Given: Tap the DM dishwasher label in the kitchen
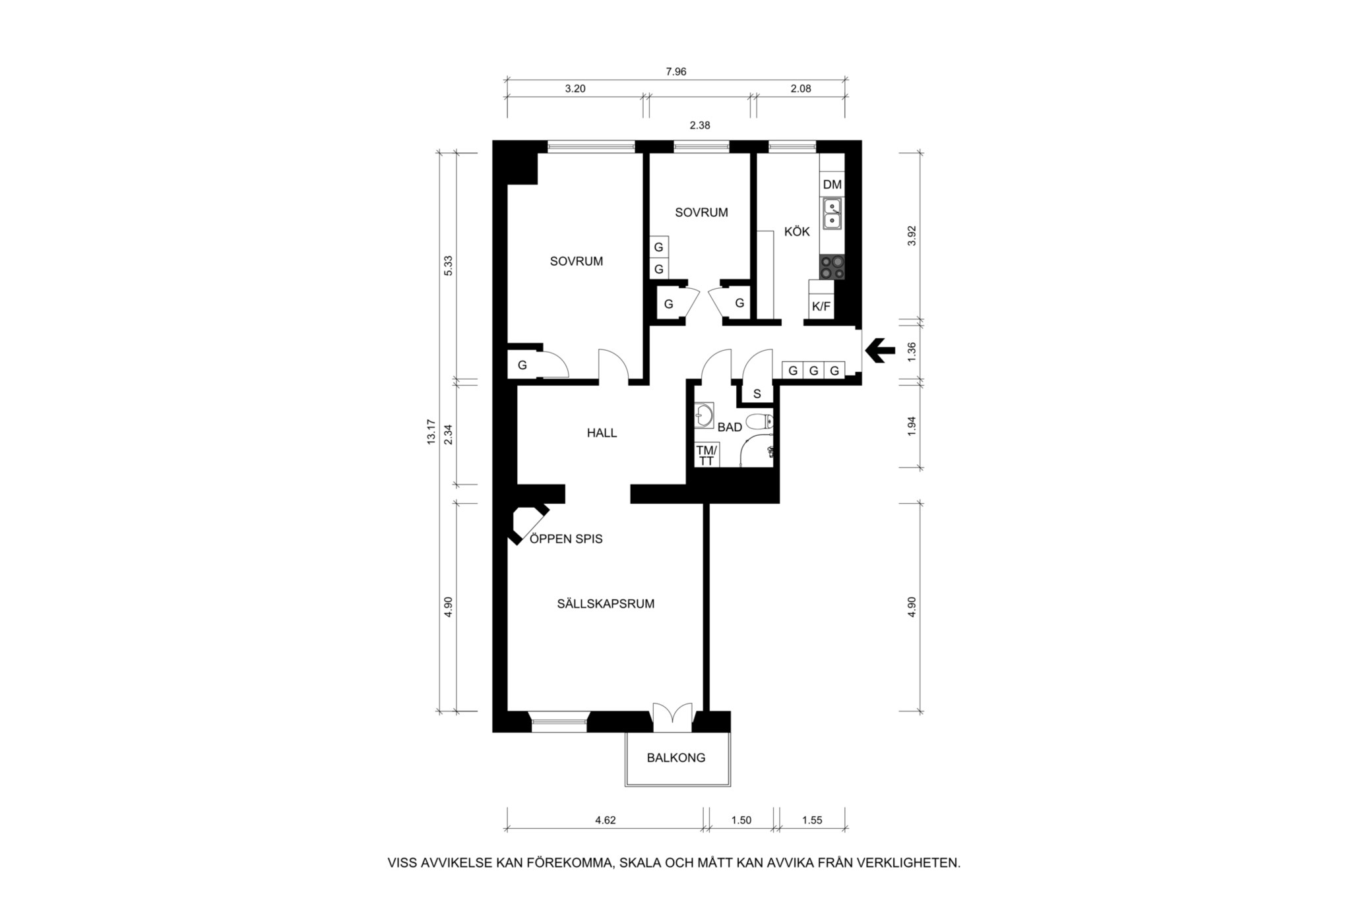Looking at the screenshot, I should click(832, 185).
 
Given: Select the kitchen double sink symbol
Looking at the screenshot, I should click(832, 214).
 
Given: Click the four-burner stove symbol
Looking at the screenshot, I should click(832, 267).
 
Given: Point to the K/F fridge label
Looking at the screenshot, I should click(821, 307).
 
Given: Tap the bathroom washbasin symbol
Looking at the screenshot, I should click(704, 415).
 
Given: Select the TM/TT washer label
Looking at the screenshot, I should click(707, 456).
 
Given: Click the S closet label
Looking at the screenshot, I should click(757, 394).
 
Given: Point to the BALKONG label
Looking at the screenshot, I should click(676, 758).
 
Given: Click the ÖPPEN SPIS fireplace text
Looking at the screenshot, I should click(566, 539).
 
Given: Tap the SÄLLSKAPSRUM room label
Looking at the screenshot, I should click(606, 603).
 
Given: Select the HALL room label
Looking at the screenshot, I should click(602, 433).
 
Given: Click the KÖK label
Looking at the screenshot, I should click(797, 232).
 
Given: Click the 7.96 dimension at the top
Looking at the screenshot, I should click(675, 72).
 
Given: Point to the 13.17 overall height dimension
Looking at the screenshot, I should click(431, 432).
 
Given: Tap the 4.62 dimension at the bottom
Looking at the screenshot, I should click(605, 821).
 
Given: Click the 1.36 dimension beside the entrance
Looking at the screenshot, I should click(912, 351).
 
